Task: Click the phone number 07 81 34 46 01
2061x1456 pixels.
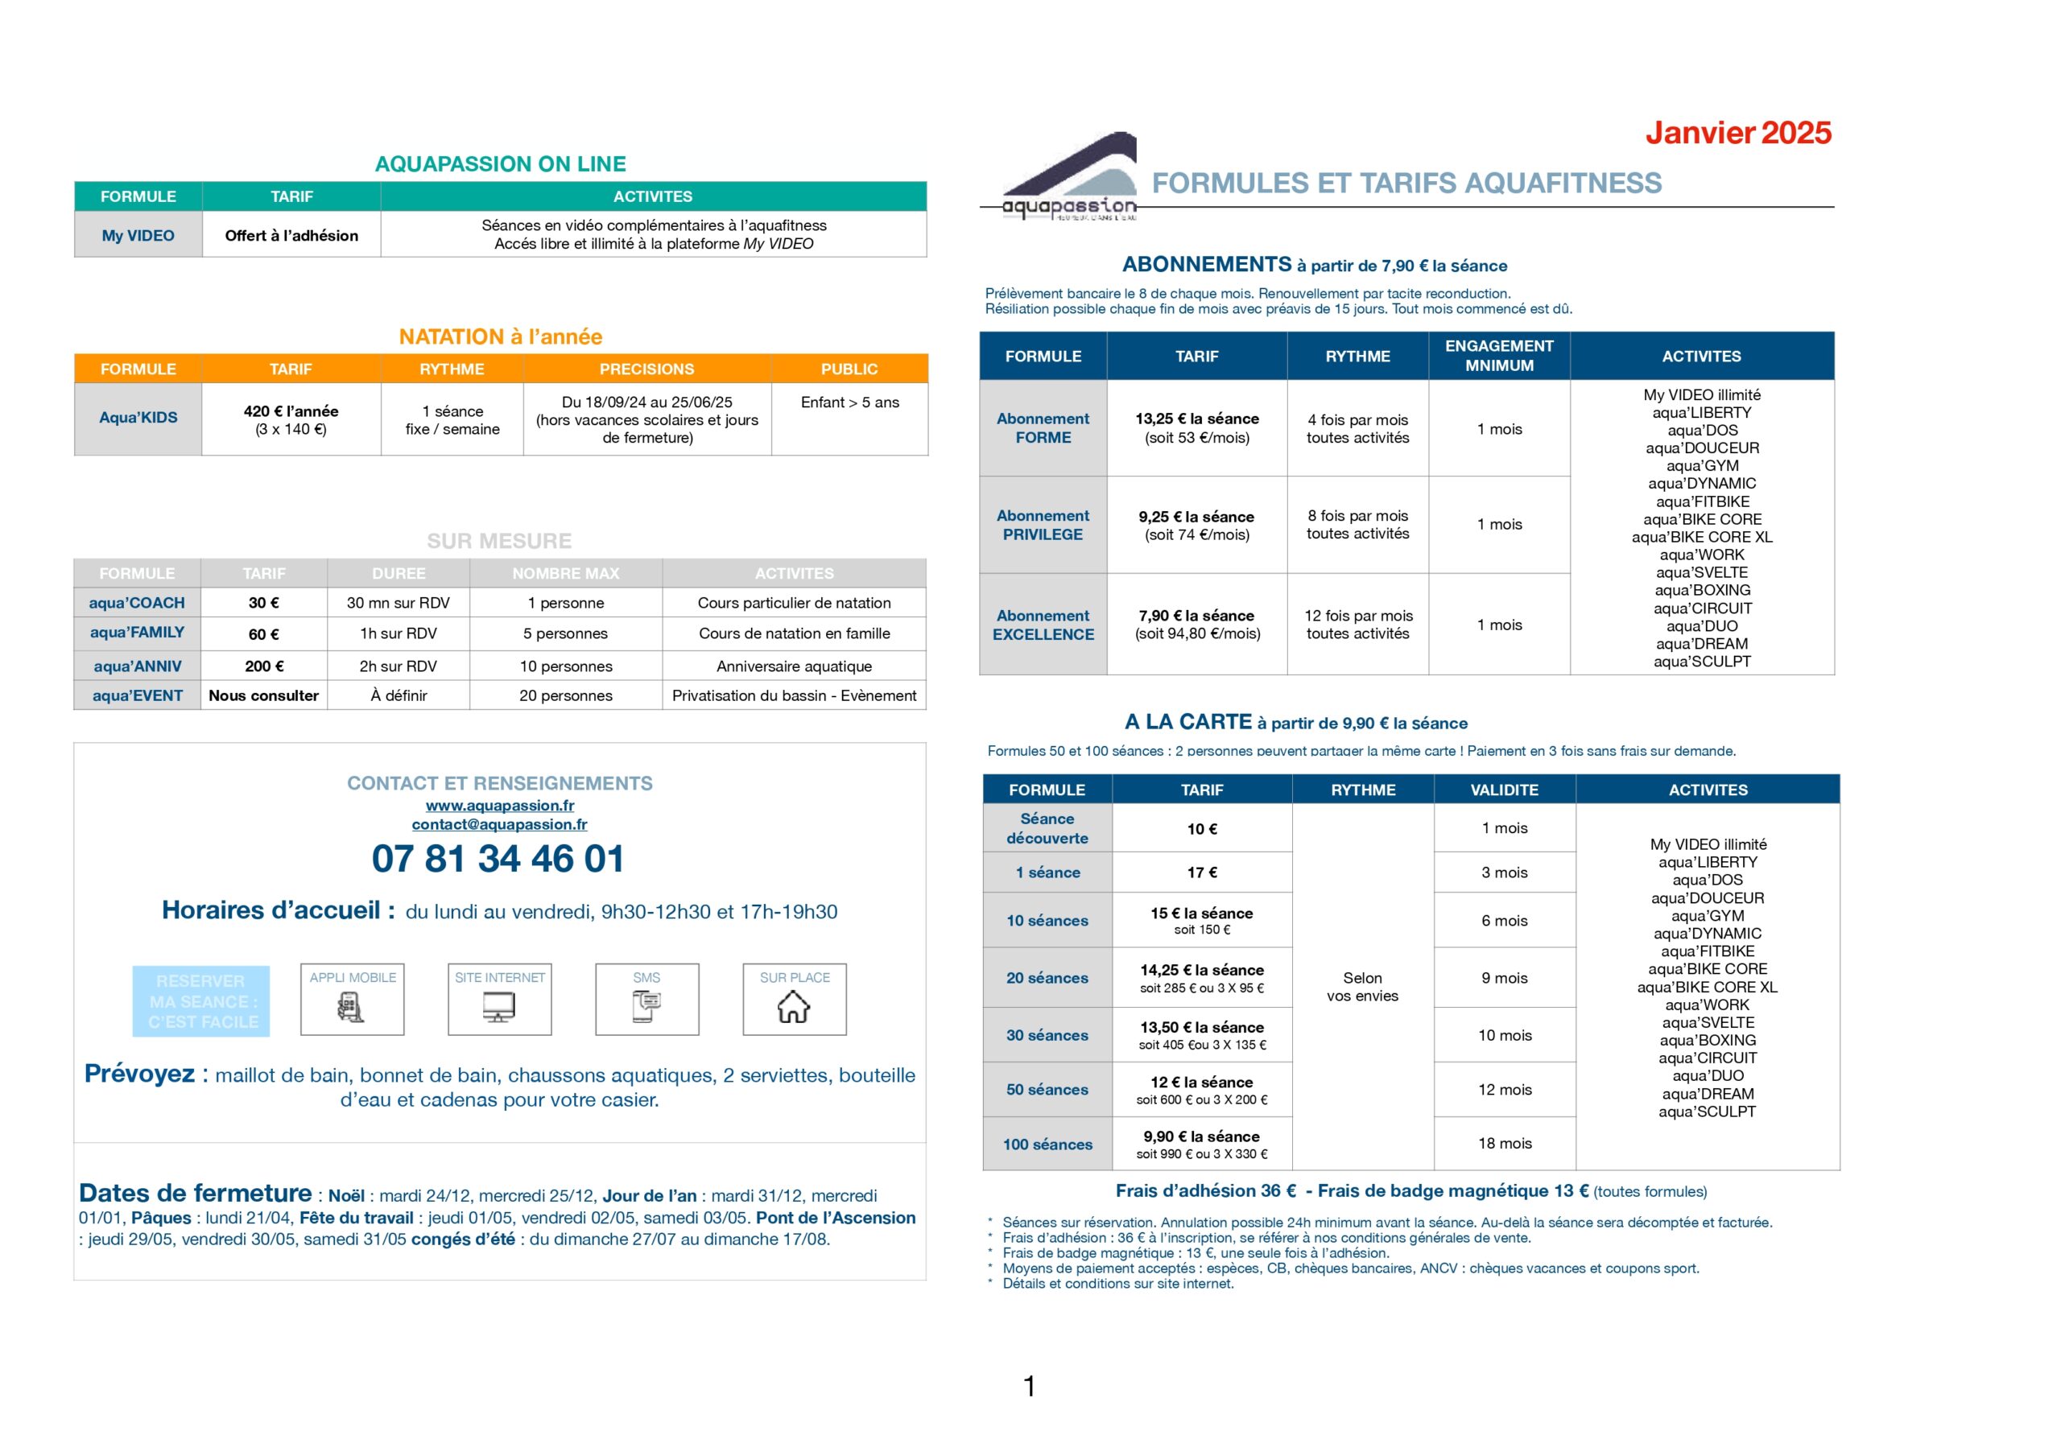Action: click(498, 859)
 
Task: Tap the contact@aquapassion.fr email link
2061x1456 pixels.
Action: click(499, 824)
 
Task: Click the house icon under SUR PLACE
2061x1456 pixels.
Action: click(794, 1007)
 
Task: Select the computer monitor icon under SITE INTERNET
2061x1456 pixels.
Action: click(499, 1007)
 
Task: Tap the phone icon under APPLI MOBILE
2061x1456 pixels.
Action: click(351, 1008)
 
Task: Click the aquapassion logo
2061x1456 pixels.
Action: click(1068, 179)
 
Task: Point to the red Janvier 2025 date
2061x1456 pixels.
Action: click(1738, 133)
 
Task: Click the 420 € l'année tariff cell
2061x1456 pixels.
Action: click(291, 419)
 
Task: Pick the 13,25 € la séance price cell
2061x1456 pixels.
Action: click(1196, 428)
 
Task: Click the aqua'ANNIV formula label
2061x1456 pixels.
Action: click(138, 666)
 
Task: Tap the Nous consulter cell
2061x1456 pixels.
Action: click(263, 695)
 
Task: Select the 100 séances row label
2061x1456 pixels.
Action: click(1047, 1145)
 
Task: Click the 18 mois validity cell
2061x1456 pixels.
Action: click(1505, 1144)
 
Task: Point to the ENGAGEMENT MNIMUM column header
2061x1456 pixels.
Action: click(1499, 356)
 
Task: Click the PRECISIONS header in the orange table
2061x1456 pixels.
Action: click(646, 369)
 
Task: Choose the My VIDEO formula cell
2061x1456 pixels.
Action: click(138, 235)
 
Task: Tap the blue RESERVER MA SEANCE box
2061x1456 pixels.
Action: click(201, 1002)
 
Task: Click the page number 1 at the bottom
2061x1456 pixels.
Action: click(1030, 1386)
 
